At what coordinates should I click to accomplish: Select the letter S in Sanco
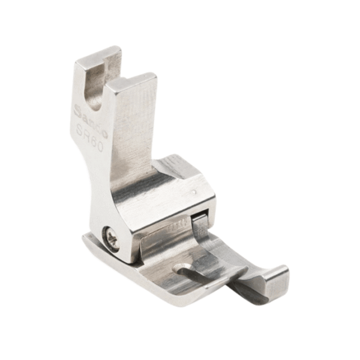coord(77,109)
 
